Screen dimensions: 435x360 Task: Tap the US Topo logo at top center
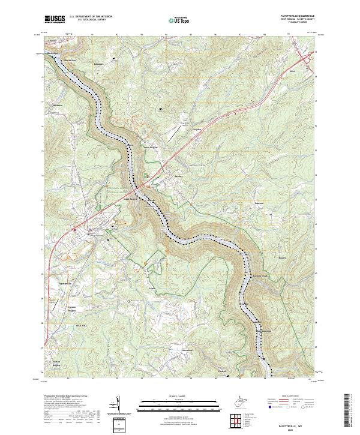point(177,20)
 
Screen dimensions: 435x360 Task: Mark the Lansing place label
point(178,177)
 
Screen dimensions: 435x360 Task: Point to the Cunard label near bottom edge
point(221,372)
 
